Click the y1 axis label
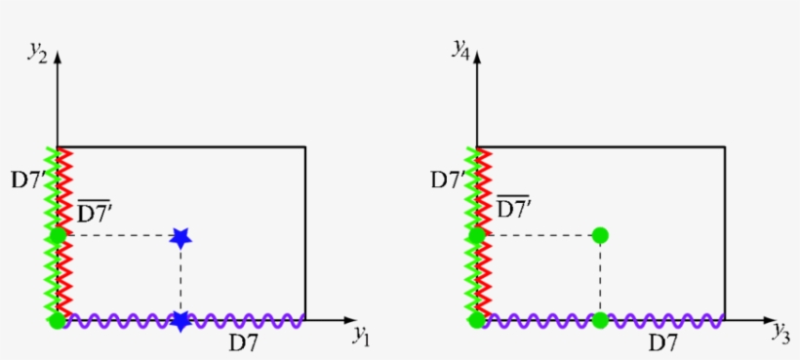pos(362,338)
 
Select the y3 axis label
pos(780,337)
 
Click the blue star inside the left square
pos(180,236)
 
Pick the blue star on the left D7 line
pos(180,320)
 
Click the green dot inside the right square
pos(600,235)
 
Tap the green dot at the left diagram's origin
pos(58,320)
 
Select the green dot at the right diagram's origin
pos(477,320)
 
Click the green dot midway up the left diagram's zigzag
pos(58,235)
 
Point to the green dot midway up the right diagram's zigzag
pos(477,235)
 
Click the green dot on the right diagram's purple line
pos(600,320)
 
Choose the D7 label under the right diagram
pos(662,342)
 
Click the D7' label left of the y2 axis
pos(26,180)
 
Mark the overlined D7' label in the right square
pos(517,208)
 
